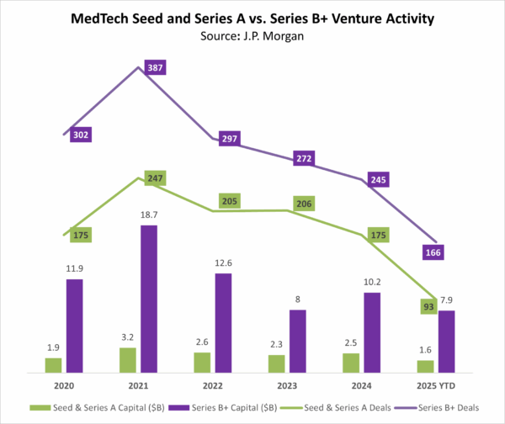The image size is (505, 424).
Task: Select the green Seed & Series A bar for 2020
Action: pos(53,364)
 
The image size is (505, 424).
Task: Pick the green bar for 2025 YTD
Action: pos(426,366)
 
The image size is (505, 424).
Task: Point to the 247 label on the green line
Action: pos(154,179)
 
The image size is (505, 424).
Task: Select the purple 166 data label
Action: pos(433,252)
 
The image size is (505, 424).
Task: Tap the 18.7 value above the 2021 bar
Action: pos(148,216)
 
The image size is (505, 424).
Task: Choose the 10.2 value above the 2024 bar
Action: pos(372,284)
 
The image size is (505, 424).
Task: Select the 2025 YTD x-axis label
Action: pos(436,387)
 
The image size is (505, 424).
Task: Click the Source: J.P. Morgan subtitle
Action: pos(252,36)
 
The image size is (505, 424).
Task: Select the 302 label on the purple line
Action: pos(81,135)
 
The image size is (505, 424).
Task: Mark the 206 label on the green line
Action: pos(305,203)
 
